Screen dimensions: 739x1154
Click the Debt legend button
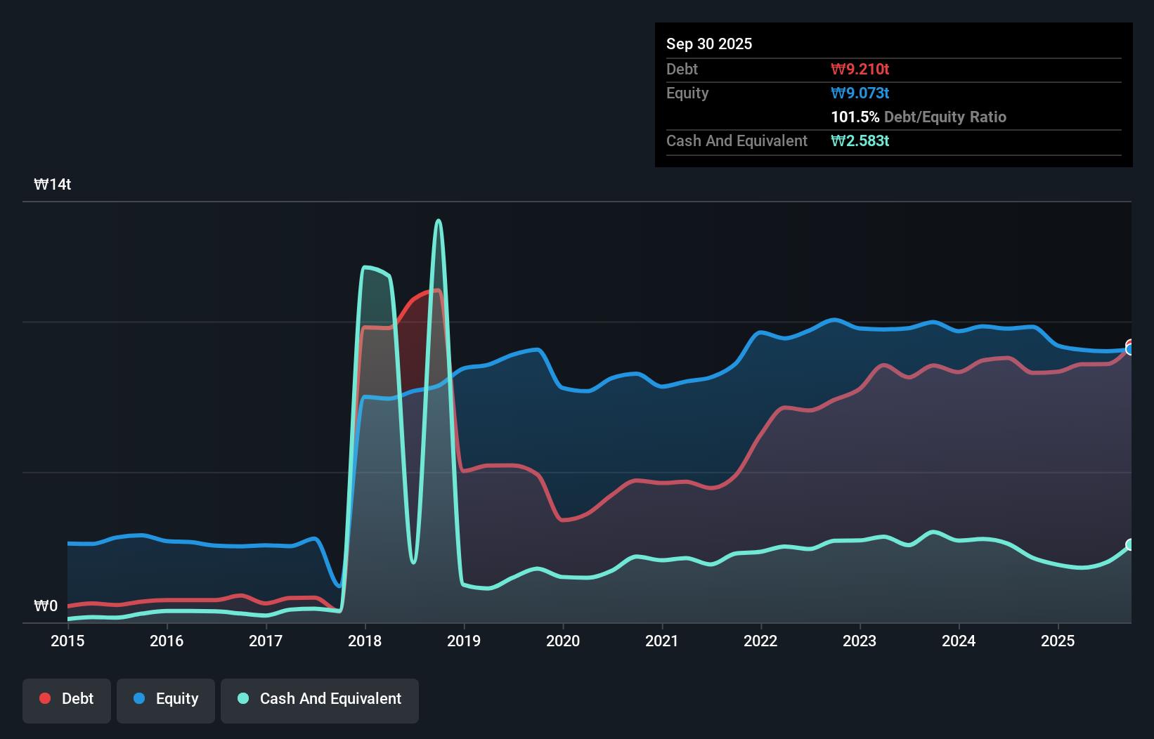67,700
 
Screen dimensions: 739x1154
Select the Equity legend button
166,700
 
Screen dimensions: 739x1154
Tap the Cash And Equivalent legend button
320,700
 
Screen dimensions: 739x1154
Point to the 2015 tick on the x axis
67,641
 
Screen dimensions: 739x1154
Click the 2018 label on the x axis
365,641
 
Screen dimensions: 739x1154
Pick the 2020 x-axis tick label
563,641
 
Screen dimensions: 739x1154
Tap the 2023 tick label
860,641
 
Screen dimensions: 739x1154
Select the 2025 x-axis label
1058,641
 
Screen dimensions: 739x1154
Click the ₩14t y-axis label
53,185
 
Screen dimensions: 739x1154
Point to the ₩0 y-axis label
46,606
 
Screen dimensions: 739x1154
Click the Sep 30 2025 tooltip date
708,44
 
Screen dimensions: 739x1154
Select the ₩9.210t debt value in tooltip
860,69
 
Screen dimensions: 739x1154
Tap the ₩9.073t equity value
860,93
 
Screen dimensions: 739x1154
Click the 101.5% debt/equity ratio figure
855,117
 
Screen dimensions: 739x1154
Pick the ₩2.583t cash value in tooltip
860,140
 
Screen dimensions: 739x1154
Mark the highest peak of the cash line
439,221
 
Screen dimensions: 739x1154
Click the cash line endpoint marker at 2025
1130,544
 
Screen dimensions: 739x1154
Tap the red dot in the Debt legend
45,698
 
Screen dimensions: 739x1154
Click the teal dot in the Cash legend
243,698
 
